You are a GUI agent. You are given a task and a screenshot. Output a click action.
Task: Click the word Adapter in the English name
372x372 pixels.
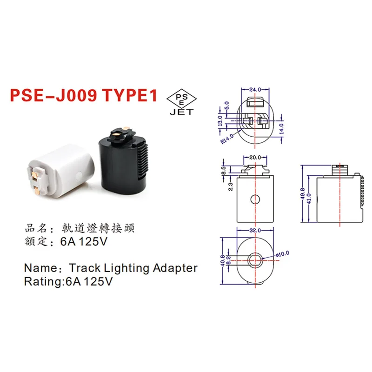click(174, 268)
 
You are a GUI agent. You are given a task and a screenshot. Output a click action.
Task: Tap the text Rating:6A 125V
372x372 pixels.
click(68, 281)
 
